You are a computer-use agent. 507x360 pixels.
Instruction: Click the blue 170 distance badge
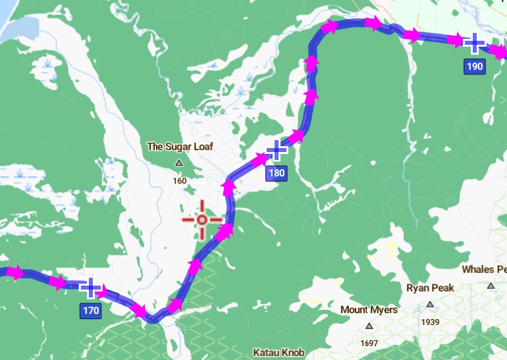click(90, 311)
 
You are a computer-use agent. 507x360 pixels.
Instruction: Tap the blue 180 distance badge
click(276, 174)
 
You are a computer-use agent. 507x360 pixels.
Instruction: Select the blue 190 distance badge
click(474, 66)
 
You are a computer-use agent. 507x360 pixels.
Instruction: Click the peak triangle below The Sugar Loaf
click(178, 163)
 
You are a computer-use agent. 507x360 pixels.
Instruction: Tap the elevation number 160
click(179, 181)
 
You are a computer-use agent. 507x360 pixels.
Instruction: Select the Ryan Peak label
click(430, 288)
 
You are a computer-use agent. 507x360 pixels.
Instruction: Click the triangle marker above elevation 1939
click(430, 304)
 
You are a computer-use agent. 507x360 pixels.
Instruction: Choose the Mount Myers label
click(369, 309)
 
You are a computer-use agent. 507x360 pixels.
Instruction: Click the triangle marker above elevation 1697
click(369, 326)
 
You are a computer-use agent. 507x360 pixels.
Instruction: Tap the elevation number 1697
click(369, 344)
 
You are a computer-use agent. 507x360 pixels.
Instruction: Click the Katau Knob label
click(279, 353)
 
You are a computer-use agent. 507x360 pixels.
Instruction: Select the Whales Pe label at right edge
click(484, 270)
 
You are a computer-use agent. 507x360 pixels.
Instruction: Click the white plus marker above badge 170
click(90, 288)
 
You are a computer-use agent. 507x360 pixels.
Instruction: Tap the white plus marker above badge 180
click(277, 150)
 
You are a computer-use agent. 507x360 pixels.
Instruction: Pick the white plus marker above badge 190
click(474, 43)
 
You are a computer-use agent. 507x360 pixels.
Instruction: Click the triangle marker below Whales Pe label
click(491, 286)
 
